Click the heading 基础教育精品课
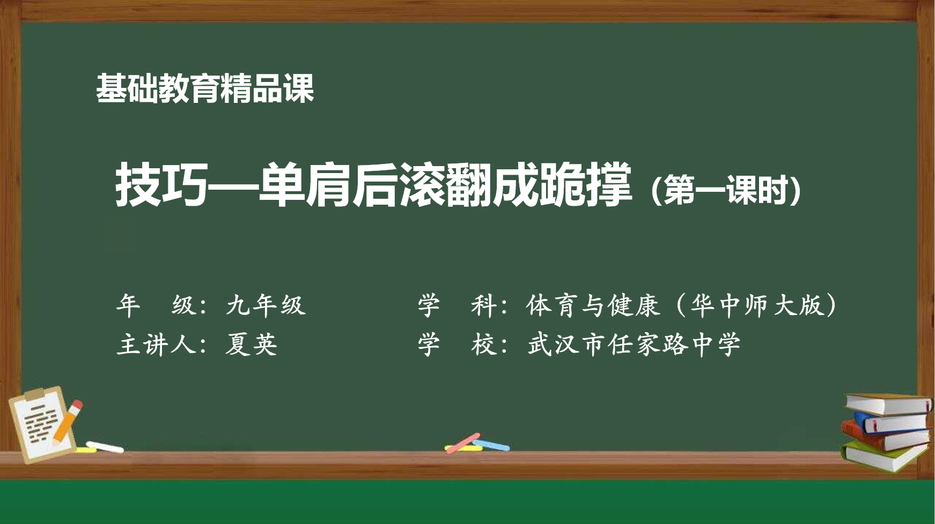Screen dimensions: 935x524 pyautogui.click(x=205, y=88)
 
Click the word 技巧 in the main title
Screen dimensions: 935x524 pyautogui.click(x=161, y=185)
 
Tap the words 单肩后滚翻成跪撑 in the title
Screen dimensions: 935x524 pyautogui.click(x=445, y=185)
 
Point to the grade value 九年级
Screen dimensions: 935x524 pyautogui.click(x=266, y=305)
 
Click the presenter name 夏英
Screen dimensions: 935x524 pyautogui.click(x=251, y=344)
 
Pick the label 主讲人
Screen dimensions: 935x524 pyautogui.click(x=156, y=344)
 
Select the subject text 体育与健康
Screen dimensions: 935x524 pyautogui.click(x=592, y=305)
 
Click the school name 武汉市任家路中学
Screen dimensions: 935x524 pyautogui.click(x=634, y=344)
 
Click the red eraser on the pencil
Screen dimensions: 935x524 pyautogui.click(x=77, y=406)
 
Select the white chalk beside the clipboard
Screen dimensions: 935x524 pyautogui.click(x=105, y=447)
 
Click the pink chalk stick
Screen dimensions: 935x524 pyautogui.click(x=463, y=443)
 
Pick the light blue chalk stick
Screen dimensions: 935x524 pyautogui.click(x=491, y=445)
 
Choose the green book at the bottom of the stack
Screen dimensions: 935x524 pyautogui.click(x=885, y=455)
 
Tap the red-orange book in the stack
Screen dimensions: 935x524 pyautogui.click(x=885, y=437)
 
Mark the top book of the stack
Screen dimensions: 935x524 pyautogui.click(x=888, y=403)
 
